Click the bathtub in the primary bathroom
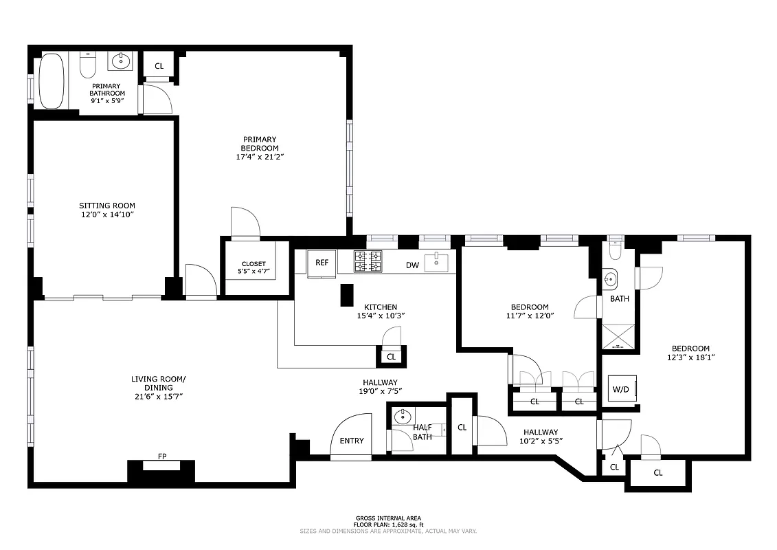pyautogui.click(x=50, y=81)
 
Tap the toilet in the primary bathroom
pyautogui.click(x=87, y=66)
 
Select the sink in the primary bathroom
pyautogui.click(x=121, y=61)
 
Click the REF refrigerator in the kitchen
pyautogui.click(x=322, y=263)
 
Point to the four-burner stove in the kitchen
pyautogui.click(x=368, y=262)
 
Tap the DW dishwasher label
pyautogui.click(x=412, y=265)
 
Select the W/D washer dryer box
pyautogui.click(x=621, y=389)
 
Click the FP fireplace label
pyautogui.click(x=162, y=456)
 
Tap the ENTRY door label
pyautogui.click(x=352, y=441)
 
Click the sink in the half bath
pyautogui.click(x=403, y=417)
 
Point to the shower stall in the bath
pyautogui.click(x=616, y=336)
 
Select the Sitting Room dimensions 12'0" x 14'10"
pyautogui.click(x=106, y=214)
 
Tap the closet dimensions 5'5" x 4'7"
pyautogui.click(x=254, y=272)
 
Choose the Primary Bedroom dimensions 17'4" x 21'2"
pyautogui.click(x=259, y=157)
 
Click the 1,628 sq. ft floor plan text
pyautogui.click(x=387, y=525)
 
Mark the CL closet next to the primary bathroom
pyautogui.click(x=159, y=66)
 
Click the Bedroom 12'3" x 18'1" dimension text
pyautogui.click(x=690, y=357)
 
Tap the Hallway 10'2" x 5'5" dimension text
pyautogui.click(x=541, y=441)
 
